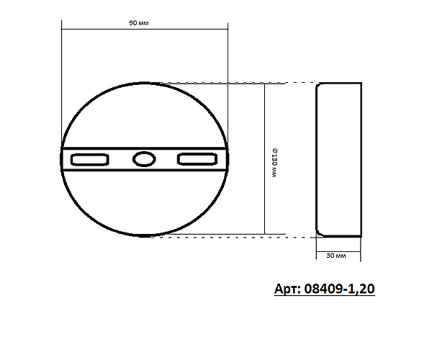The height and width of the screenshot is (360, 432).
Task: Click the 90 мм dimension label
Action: pos(138,23)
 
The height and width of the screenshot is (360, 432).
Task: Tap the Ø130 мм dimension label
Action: pos(275,163)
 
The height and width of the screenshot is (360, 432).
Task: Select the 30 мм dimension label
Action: pos(336,256)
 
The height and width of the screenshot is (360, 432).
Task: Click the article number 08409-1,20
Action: pos(339,289)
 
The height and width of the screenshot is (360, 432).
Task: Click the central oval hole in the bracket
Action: pos(144,159)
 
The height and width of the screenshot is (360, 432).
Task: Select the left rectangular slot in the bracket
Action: pos(89,160)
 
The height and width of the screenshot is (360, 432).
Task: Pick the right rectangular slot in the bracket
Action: pos(197,159)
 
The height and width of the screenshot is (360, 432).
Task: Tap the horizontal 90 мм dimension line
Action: pos(145,29)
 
